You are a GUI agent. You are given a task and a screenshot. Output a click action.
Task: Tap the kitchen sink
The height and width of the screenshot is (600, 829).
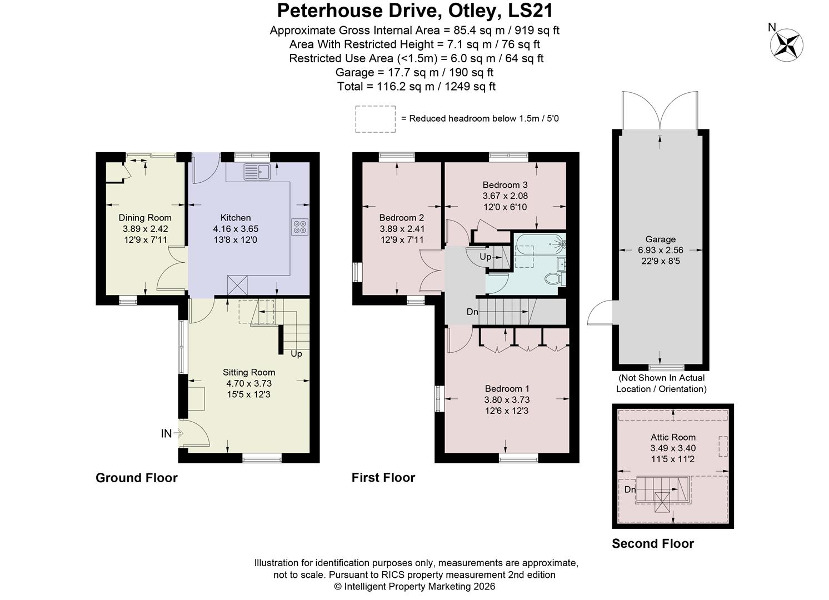coord(256,172)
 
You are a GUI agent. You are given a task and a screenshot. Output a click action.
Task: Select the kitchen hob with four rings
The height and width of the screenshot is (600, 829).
coord(300,227)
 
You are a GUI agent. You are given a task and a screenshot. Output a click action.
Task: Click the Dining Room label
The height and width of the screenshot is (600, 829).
coord(145,218)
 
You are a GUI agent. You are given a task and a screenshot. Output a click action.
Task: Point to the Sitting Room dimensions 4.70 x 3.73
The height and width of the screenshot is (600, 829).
coord(248,383)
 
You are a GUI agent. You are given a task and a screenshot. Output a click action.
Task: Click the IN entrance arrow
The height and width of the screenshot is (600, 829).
coord(171,433)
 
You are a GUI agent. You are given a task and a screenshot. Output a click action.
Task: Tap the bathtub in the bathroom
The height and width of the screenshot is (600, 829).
coord(538,243)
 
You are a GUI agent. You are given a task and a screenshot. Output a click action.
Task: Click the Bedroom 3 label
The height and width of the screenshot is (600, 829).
coord(505,185)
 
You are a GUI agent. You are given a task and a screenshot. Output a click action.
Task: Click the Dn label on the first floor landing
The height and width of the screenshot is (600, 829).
coord(472,312)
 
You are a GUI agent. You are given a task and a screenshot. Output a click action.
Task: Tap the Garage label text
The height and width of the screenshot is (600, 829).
coord(660,239)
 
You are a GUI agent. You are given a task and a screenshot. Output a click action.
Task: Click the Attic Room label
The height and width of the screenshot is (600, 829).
coord(673,437)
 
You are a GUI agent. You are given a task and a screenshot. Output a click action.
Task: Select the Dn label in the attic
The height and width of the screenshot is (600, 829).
coord(630,489)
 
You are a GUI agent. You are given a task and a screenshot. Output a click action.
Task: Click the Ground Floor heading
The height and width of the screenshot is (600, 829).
coord(137,478)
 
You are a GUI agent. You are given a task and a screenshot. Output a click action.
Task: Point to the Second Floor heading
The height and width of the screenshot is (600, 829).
coord(653,543)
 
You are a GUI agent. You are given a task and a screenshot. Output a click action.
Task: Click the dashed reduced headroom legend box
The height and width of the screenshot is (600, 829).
coord(375,119)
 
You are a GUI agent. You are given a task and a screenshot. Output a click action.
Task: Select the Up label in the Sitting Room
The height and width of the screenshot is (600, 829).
coord(296,354)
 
